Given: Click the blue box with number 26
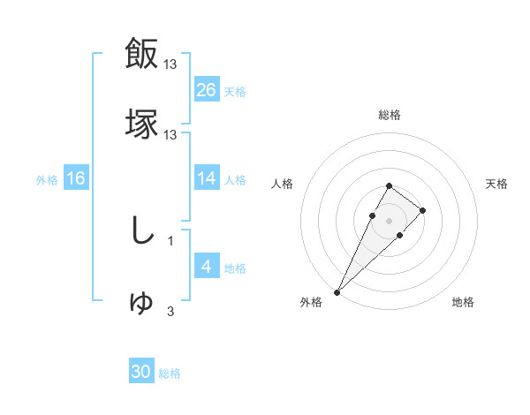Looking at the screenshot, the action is (207, 90).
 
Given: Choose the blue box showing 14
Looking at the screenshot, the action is (207, 178).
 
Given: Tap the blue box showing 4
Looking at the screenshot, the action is (207, 267).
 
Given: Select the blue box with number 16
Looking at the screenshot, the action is (76, 178).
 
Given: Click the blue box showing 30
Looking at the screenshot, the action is (141, 372).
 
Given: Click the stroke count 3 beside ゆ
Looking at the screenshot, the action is (170, 311).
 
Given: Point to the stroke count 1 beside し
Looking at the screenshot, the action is (170, 239).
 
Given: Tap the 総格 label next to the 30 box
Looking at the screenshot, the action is (170, 373).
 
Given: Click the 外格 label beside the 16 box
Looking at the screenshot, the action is (47, 179).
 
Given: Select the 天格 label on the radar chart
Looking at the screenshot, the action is (496, 184).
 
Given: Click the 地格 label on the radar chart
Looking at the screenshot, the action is (463, 303).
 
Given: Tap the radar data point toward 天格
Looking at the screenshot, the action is (423, 210).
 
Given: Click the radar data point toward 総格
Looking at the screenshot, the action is (389, 185).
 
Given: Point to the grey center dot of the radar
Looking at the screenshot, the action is (389, 219).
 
